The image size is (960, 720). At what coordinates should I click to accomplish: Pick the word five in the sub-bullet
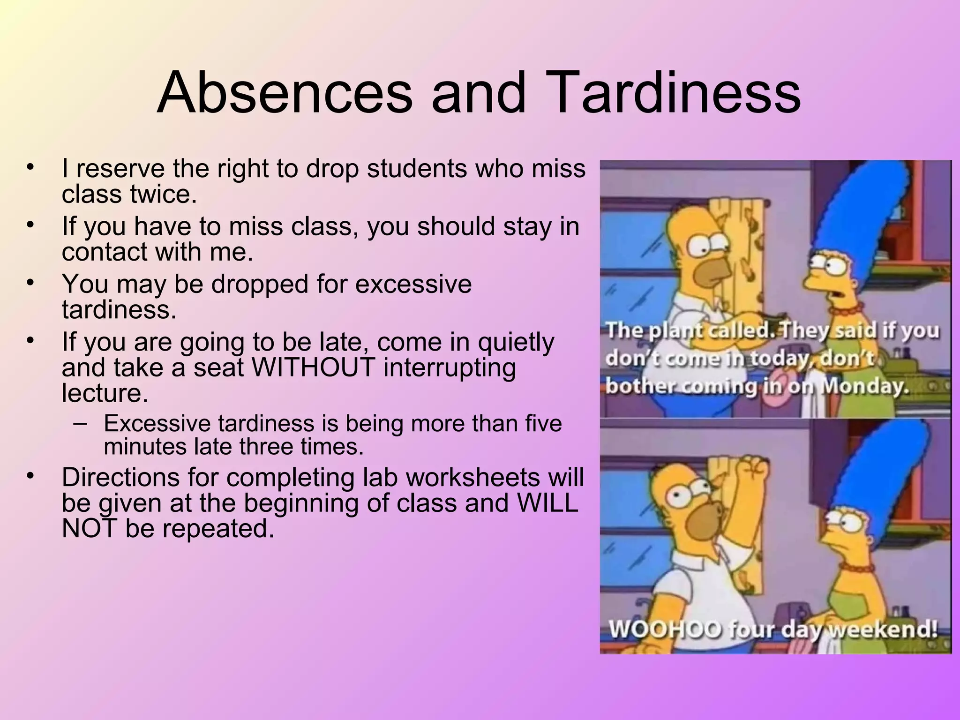[x=543, y=423]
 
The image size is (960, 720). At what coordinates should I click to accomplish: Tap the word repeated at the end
[x=199, y=529]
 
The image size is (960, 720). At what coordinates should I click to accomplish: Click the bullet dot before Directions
[x=31, y=476]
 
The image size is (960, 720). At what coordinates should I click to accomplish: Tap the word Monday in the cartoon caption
[x=866, y=386]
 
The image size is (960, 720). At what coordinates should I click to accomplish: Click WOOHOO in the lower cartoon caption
[x=664, y=629]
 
